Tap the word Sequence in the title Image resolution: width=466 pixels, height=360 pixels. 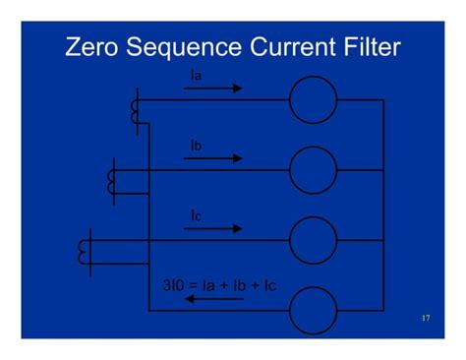(182, 47)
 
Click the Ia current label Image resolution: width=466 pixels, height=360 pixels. (197, 74)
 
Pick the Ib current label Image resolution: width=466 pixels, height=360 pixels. (197, 145)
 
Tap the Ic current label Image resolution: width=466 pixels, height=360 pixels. (197, 214)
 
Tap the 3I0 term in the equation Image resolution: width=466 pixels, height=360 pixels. (174, 285)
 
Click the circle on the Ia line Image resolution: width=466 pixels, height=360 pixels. (313, 99)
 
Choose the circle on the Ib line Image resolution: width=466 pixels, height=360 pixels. (313, 169)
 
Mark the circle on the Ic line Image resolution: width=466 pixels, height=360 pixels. (313, 239)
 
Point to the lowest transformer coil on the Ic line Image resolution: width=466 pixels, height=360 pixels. (84, 252)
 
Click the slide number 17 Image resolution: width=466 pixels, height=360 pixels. (425, 319)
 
